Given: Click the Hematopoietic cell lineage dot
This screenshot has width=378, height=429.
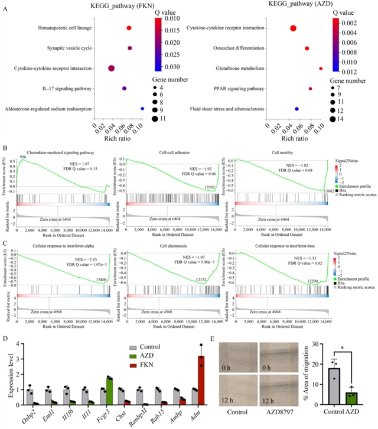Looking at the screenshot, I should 129,28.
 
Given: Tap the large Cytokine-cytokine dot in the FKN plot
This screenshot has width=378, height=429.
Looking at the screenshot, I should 111,69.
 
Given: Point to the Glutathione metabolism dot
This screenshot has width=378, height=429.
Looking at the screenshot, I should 321,69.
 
